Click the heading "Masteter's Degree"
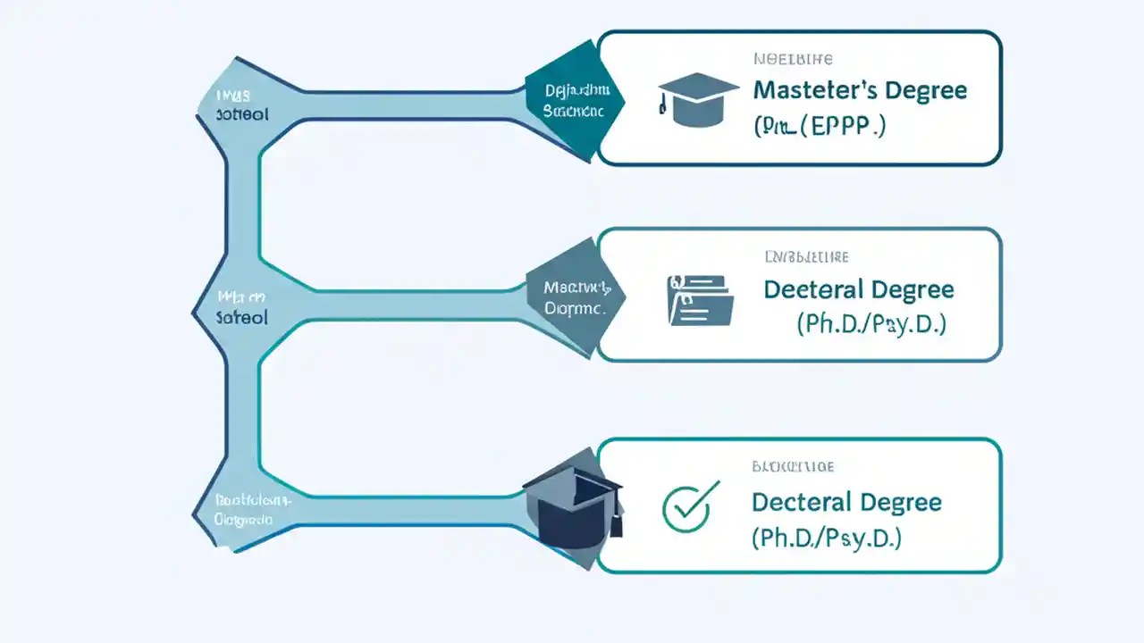click(860, 91)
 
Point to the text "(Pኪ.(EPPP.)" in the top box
click(820, 126)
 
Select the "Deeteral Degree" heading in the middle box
click(858, 290)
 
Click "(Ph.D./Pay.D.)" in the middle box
click(871, 324)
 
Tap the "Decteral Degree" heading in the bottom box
click(846, 502)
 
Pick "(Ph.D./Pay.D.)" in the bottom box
click(826, 538)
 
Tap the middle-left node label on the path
click(242, 305)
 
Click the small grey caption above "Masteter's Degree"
click(793, 60)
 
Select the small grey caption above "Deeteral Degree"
click(805, 257)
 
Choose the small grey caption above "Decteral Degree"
click(793, 467)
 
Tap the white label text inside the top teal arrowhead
click(577, 101)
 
